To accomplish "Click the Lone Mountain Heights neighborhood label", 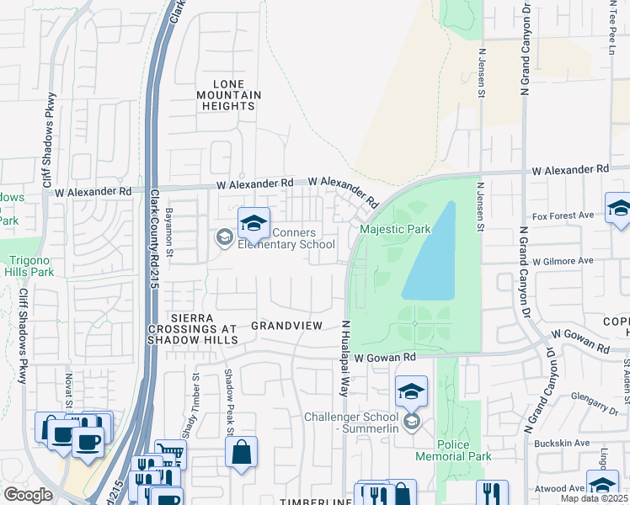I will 228,95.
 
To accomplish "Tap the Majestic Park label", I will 395,229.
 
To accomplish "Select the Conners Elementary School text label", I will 286,239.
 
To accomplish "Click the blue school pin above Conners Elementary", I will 254,224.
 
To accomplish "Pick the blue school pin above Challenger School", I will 411,391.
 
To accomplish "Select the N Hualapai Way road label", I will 344,358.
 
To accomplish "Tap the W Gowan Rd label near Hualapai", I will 385,358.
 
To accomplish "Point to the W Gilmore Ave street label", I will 557,261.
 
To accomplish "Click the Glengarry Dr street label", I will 587,406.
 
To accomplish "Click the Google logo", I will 29,495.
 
